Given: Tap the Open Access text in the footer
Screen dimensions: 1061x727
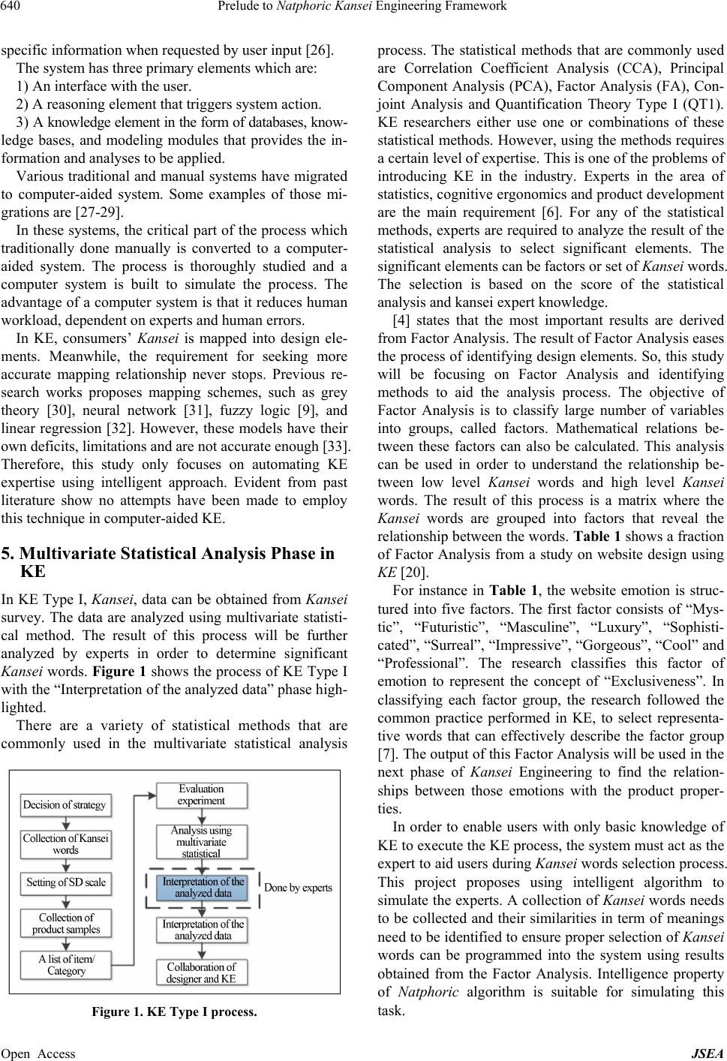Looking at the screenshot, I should click(38, 1053).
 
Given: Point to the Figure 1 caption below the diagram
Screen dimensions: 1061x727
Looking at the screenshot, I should click(174, 1011).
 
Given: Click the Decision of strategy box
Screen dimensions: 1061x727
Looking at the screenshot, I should click(65, 805).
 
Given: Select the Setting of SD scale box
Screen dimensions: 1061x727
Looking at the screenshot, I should click(66, 882).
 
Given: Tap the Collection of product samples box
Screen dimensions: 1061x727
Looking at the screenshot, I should click(66, 924).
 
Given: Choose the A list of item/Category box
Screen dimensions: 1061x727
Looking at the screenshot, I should click(66, 965).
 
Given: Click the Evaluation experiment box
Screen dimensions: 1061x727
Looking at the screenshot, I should click(201, 795).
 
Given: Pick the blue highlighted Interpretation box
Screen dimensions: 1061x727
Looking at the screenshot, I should click(203, 888).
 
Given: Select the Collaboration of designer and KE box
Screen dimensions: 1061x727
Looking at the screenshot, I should click(201, 973).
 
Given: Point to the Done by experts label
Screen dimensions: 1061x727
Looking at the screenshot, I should click(298, 888).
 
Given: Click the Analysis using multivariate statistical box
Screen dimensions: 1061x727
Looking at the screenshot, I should click(201, 842).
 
